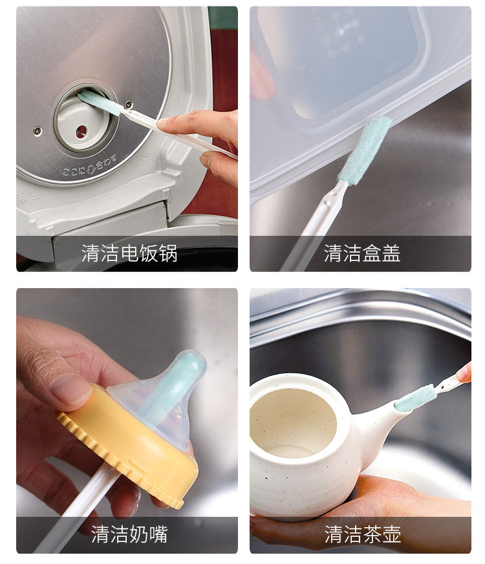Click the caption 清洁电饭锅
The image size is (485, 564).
[x=129, y=253]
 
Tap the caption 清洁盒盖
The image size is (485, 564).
[x=362, y=253]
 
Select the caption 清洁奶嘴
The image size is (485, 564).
[x=129, y=534]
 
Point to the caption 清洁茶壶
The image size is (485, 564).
[x=362, y=534]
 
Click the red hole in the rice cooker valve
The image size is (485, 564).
[x=81, y=132]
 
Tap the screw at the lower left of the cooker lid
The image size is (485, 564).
[x=38, y=131]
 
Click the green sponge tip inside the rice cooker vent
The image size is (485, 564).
[x=100, y=102]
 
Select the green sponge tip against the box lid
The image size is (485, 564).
[x=364, y=150]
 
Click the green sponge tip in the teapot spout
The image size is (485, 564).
[x=414, y=398]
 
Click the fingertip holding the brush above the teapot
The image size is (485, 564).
[x=464, y=373]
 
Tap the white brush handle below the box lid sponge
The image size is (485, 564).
[x=312, y=227]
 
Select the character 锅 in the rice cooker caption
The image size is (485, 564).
[x=168, y=253]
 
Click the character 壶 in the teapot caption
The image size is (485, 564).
[x=391, y=534]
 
